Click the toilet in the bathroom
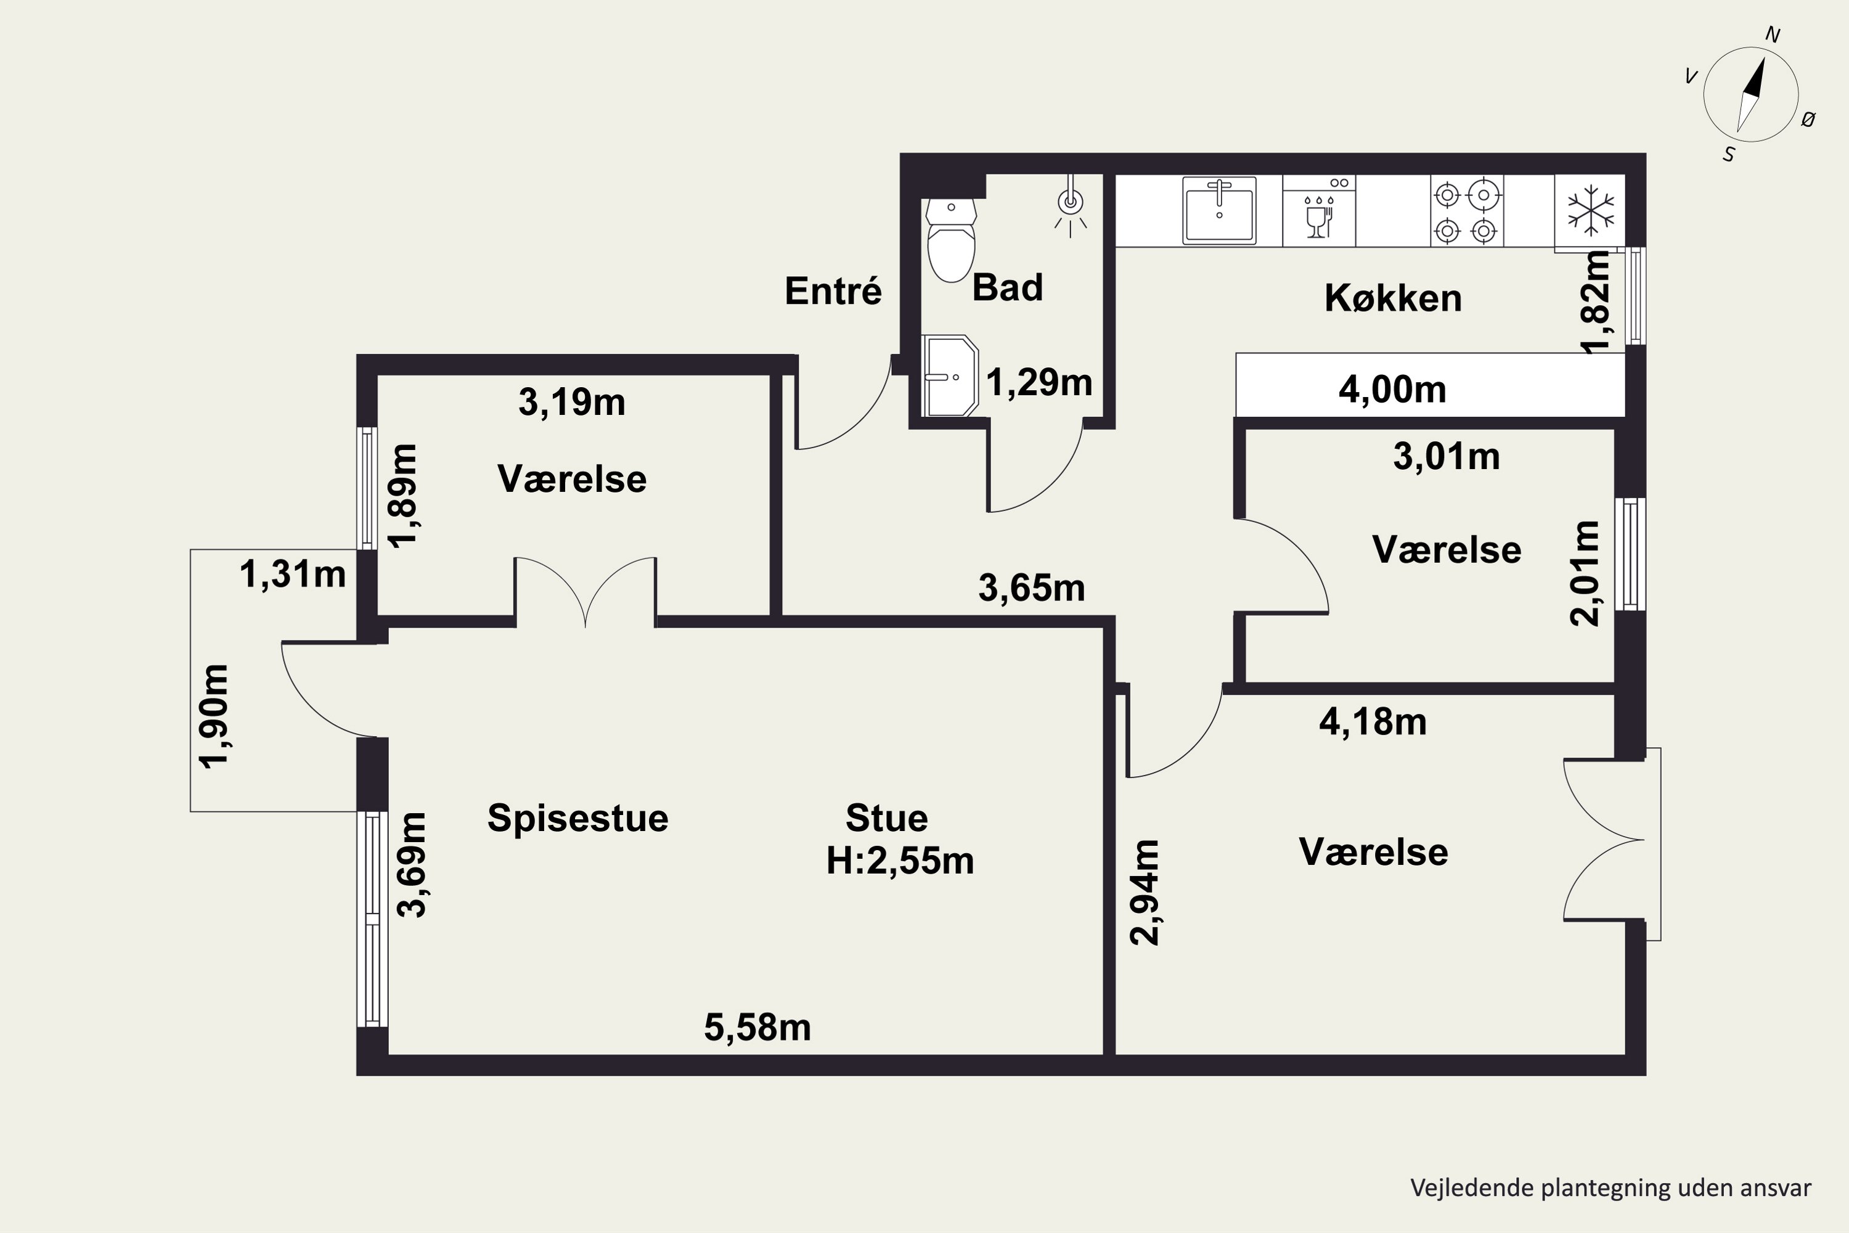point(951,240)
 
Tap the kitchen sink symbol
point(1219,210)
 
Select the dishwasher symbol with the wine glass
point(1319,211)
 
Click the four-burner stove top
point(1466,211)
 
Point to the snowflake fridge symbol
point(1590,211)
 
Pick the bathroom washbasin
point(950,376)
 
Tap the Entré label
point(833,291)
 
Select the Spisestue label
point(578,818)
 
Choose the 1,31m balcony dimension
point(292,574)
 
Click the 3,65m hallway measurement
point(1031,588)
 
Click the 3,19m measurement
point(571,402)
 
